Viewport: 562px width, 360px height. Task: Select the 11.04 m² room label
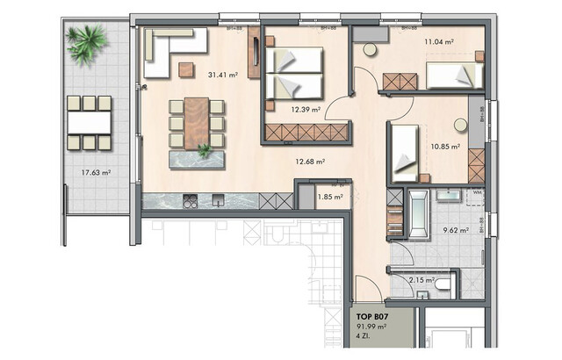pos(438,40)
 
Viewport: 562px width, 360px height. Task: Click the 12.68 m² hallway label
pos(311,161)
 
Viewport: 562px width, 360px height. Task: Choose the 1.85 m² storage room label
pos(329,198)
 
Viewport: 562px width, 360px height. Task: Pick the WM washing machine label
pos(478,191)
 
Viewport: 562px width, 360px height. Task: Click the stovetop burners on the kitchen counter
pos(190,202)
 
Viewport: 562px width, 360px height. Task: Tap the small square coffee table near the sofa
pos(186,68)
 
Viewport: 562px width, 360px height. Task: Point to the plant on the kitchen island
pos(205,152)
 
